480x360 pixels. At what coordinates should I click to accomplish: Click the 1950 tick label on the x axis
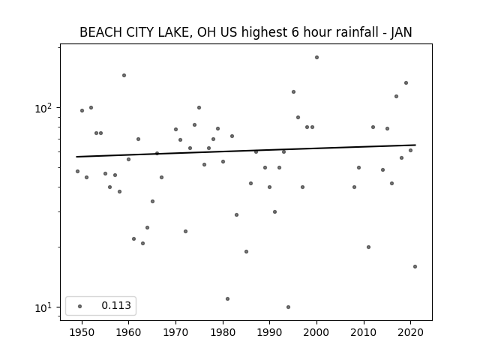click(x=82, y=332)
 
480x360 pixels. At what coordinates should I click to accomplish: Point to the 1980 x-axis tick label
click(x=223, y=332)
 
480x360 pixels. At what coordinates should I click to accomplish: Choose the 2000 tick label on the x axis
click(x=316, y=332)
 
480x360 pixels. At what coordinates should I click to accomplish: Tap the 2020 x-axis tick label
click(x=410, y=332)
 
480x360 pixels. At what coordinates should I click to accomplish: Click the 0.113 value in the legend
click(x=116, y=305)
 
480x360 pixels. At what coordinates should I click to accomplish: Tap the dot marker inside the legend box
click(x=80, y=306)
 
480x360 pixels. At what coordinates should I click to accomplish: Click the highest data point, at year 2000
click(x=316, y=57)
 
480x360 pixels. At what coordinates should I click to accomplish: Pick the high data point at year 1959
click(x=124, y=75)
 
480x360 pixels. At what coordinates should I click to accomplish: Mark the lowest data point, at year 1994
click(x=288, y=307)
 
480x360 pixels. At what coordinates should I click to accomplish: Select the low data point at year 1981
click(x=227, y=298)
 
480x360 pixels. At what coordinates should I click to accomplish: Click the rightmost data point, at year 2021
click(x=415, y=267)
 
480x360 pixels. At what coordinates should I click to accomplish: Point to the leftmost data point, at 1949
click(x=77, y=172)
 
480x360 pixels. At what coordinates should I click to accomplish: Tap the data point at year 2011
click(x=368, y=247)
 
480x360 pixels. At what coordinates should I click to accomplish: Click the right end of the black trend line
click(x=415, y=145)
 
